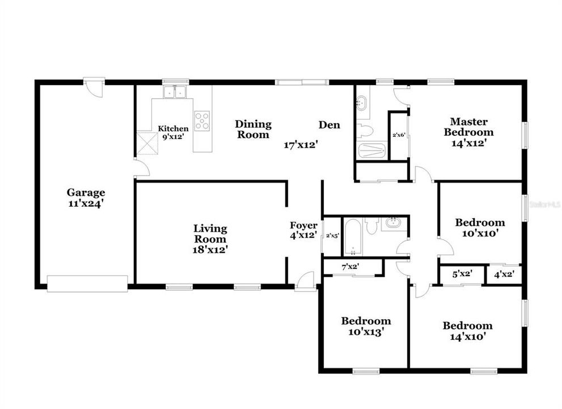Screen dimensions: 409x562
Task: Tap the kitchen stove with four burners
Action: (x=201, y=120)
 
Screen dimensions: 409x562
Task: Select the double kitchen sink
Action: (x=175, y=92)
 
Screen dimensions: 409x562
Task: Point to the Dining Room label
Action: (x=253, y=130)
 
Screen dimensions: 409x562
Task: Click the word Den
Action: (x=329, y=124)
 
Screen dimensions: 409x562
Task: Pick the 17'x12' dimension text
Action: (x=300, y=145)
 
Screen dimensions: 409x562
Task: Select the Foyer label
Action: (x=303, y=226)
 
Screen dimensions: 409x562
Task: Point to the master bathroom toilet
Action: (x=365, y=131)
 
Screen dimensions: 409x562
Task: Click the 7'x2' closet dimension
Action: (x=350, y=266)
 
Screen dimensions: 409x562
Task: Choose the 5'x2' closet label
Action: (x=463, y=274)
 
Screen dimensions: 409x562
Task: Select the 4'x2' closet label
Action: (x=503, y=274)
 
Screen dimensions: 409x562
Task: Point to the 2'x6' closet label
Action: (x=399, y=135)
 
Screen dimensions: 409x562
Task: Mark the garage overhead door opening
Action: (x=87, y=283)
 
